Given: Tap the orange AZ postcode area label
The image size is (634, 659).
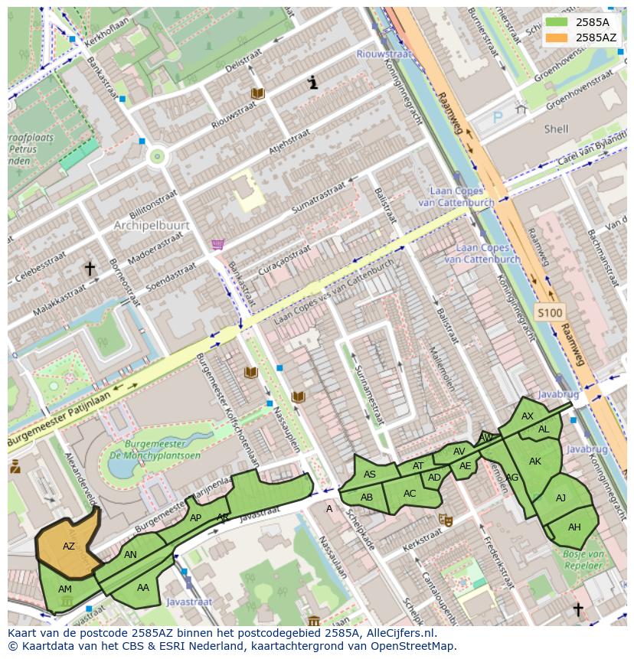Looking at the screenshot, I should pos(69,546).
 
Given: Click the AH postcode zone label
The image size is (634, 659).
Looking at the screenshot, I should pos(574,527).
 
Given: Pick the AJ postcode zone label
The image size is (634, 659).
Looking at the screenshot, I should pos(560,498).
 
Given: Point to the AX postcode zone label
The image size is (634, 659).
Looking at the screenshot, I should pos(528,416).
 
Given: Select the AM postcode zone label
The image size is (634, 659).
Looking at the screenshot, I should pos(65,589).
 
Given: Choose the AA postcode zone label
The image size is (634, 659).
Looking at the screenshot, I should pos(143,588).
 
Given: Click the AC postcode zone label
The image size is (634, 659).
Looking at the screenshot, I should pos(410,494).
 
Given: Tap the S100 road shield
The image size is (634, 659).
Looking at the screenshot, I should pos(549,312).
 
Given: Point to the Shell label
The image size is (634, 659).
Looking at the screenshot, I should pos(556,129).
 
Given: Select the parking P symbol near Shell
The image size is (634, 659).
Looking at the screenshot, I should pos(498,118).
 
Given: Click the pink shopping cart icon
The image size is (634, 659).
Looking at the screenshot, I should pos(218,244).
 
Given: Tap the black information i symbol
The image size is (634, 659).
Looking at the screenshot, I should pos(312,83).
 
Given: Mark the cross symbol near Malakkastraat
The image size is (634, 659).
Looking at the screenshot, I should pos(90,269).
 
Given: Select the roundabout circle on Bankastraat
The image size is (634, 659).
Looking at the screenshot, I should pos(158,157).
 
